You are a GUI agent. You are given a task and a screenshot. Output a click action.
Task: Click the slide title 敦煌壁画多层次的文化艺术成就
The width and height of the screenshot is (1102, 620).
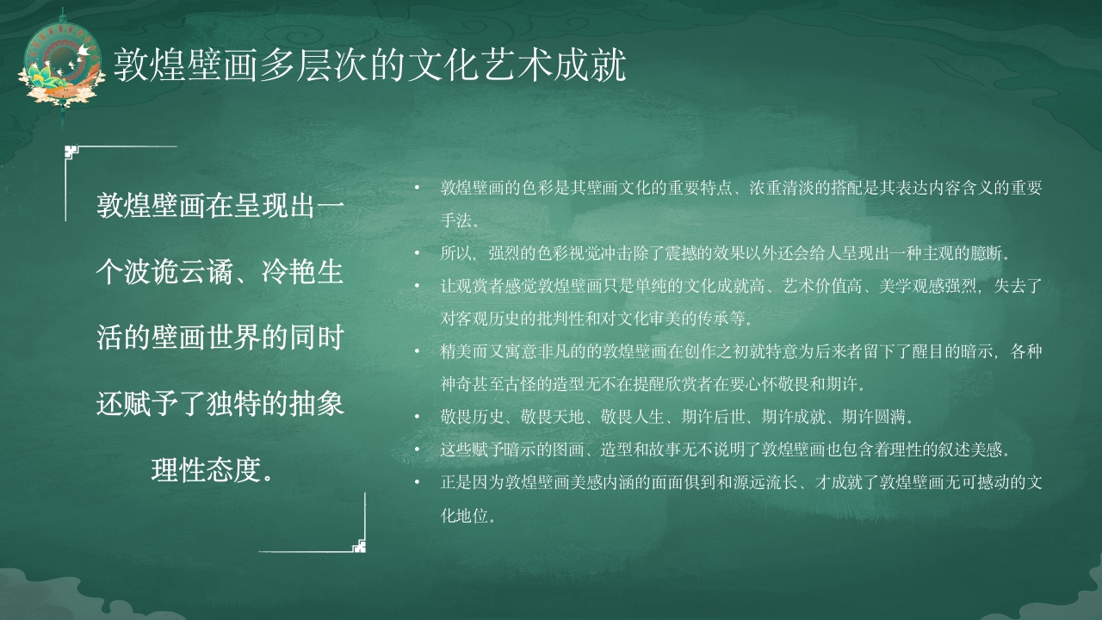coord(370,65)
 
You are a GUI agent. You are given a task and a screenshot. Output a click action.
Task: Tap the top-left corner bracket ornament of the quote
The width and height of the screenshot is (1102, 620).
coord(72,152)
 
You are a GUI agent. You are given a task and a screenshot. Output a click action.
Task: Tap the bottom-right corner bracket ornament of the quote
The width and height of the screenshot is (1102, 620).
coord(359,545)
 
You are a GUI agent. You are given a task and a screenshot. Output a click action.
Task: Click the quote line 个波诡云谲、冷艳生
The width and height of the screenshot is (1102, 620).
coord(220,272)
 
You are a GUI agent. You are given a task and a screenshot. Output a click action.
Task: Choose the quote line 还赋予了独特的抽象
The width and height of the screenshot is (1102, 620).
coord(220,404)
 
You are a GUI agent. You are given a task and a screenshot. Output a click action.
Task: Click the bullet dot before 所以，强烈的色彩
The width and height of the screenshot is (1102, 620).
coord(418,253)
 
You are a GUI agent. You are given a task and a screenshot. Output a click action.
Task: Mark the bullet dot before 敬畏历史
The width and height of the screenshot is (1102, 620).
coord(418,417)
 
